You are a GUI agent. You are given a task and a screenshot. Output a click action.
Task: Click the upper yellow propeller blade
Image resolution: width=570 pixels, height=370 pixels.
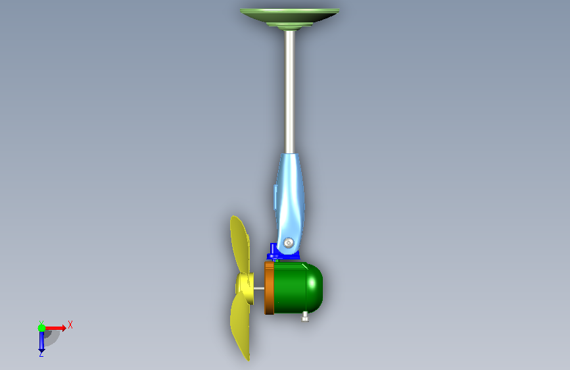click(240, 244)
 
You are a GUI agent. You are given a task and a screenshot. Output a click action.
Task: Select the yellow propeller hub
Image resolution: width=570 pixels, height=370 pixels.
click(245, 288)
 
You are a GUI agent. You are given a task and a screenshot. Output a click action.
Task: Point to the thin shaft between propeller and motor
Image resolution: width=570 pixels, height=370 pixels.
click(259, 288)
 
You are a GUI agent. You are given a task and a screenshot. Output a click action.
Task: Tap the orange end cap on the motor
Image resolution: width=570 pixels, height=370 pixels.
click(269, 288)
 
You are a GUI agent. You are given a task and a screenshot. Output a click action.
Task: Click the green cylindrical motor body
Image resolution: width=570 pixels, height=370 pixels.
click(290, 288)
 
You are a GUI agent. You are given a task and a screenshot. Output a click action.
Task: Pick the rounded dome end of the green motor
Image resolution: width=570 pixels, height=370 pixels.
click(315, 288)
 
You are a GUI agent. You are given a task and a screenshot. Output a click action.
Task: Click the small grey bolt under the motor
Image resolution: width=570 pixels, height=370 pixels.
click(305, 317)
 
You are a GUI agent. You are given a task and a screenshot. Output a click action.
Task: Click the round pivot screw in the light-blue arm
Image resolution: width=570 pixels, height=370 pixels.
click(288, 242)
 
